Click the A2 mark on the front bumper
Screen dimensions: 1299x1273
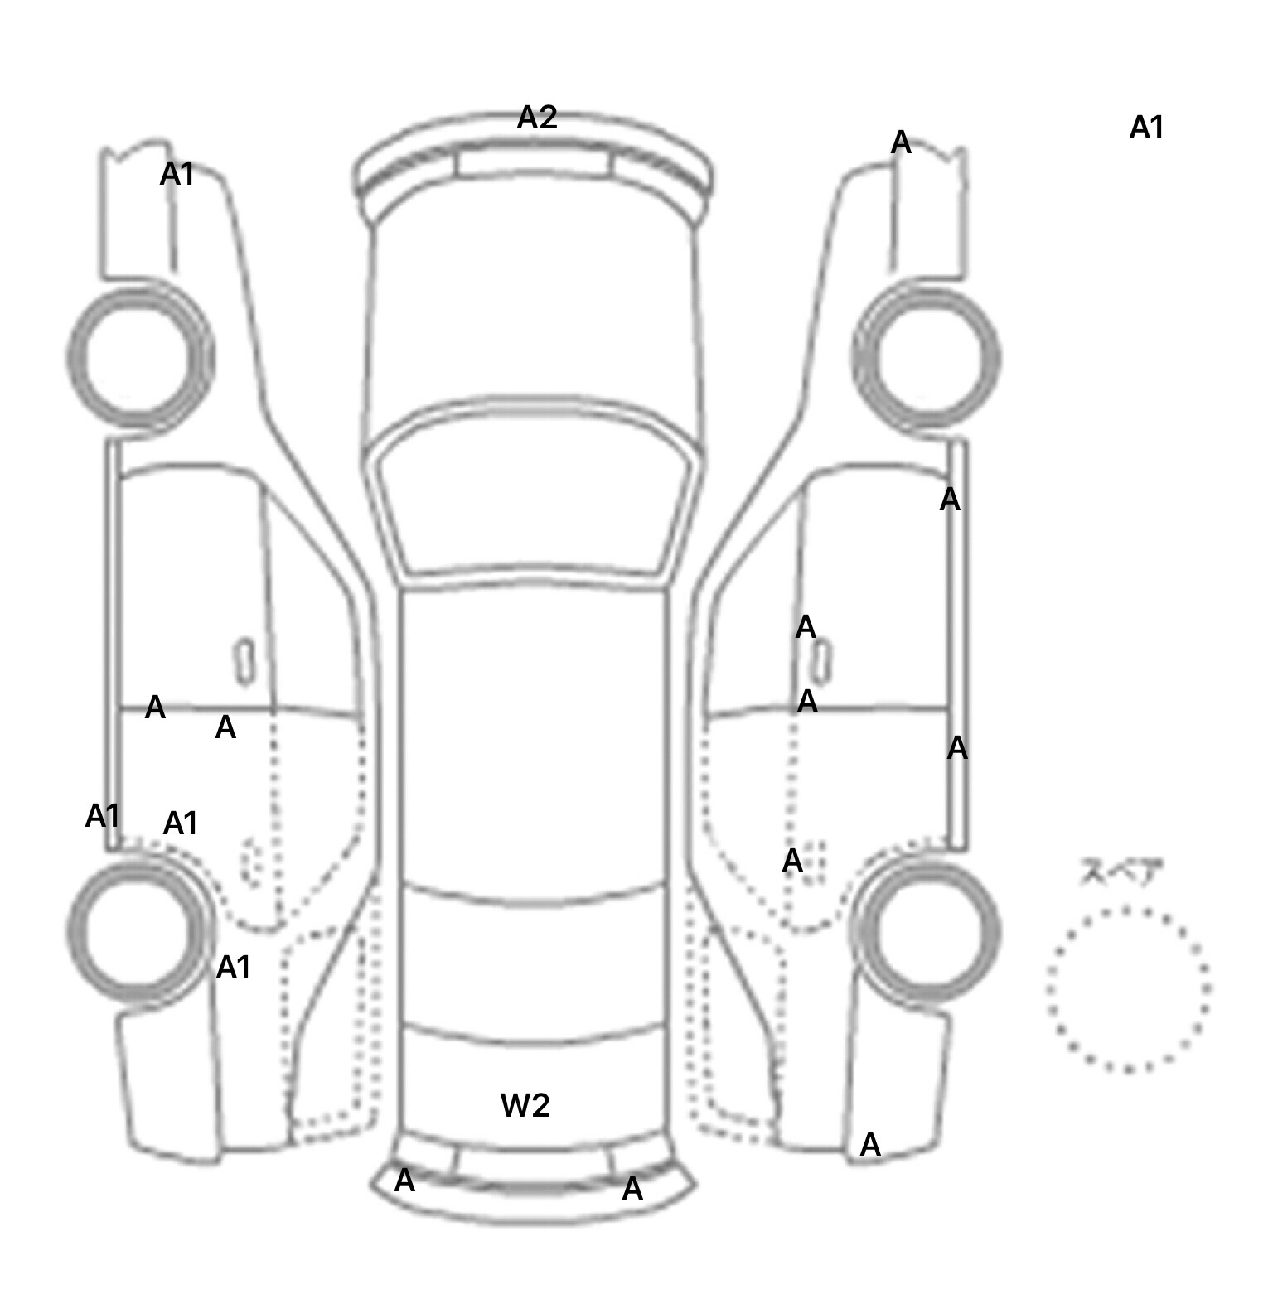tap(536, 118)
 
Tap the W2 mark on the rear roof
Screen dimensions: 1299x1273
tap(525, 1105)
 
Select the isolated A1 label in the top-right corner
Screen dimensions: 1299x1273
tap(1146, 128)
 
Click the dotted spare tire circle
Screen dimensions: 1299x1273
tap(1128, 989)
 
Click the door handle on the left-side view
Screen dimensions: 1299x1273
tap(244, 661)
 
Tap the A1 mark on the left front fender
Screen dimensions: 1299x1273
tap(177, 175)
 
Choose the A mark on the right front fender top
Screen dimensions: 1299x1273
tap(901, 143)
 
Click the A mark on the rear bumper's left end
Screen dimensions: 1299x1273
tap(404, 1181)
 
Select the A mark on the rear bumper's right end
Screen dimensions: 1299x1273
tap(632, 1189)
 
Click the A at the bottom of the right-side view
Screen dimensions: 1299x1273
tap(869, 1145)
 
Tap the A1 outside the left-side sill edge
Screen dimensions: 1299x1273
tap(103, 817)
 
